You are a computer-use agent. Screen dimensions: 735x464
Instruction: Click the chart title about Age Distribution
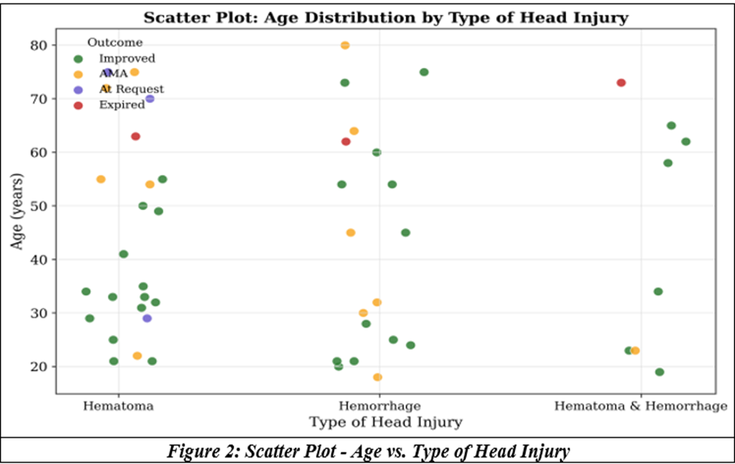point(386,18)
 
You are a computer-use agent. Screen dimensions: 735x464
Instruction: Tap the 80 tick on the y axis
point(38,45)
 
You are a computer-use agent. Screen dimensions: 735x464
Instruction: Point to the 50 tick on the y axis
point(38,206)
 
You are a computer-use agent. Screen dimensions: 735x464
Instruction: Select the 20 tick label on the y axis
point(38,367)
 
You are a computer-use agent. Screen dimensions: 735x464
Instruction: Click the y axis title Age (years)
point(17,211)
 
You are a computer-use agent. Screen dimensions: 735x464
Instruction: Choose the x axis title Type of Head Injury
point(386,422)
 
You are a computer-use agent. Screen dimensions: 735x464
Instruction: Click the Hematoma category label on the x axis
point(118,405)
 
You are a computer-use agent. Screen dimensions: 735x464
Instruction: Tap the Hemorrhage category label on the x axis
point(380,405)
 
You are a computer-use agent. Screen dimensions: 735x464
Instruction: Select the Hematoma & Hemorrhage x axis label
point(641,405)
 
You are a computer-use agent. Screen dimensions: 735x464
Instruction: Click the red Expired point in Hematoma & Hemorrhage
point(621,83)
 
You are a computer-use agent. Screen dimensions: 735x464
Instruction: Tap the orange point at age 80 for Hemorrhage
point(345,45)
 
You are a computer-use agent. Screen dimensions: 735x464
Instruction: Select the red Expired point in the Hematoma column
point(136,137)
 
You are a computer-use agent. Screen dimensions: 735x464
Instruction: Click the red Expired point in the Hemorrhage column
point(346,142)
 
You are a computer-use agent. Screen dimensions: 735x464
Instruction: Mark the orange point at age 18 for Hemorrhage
point(378,377)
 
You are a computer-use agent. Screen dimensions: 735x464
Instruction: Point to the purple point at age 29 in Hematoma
point(147,319)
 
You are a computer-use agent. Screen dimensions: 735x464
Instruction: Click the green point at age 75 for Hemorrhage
point(424,72)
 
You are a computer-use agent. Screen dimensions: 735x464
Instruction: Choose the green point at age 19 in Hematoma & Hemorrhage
point(660,372)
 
